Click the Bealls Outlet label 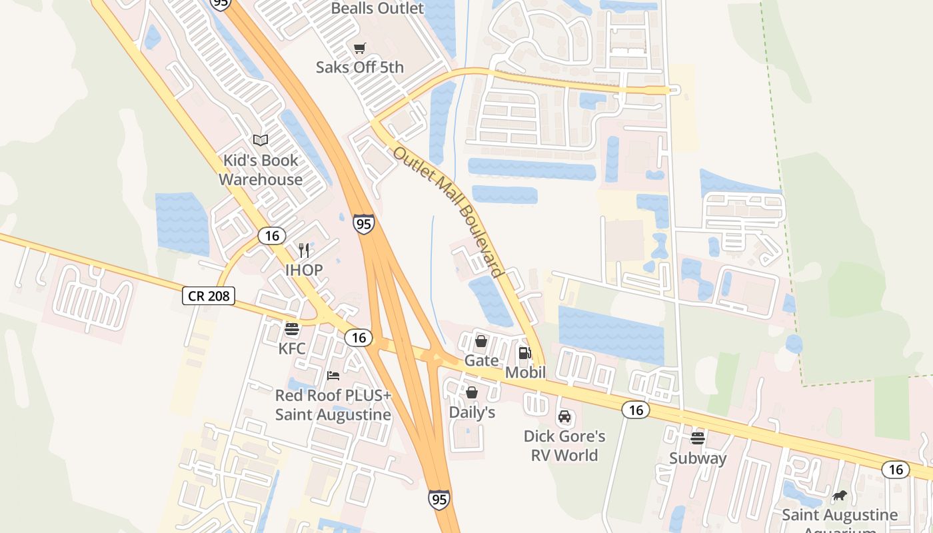tap(377, 9)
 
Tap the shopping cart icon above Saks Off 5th tap(360, 48)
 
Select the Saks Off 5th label tap(360, 67)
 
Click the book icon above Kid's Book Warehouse tap(261, 140)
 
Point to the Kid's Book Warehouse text tap(261, 170)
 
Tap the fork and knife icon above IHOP tap(304, 250)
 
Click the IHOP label tap(304, 270)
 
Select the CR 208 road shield tap(209, 296)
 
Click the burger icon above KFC tap(292, 328)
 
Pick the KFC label tap(292, 348)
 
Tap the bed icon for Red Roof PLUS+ tap(333, 376)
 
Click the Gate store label tap(481, 360)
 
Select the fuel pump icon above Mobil tap(525, 352)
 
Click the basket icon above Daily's tap(472, 392)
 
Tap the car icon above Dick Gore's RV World tap(564, 416)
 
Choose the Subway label tap(698, 458)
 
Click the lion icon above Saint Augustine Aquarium tap(840, 495)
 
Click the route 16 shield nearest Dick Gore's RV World tap(636, 410)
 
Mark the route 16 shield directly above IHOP tap(272, 236)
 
